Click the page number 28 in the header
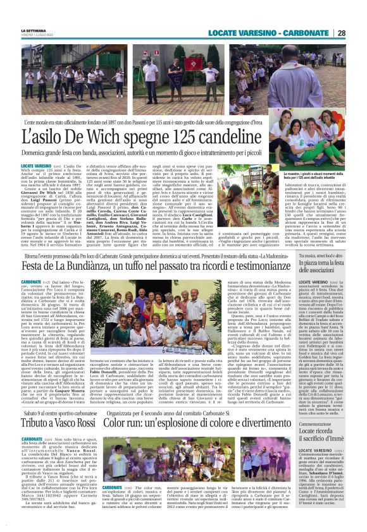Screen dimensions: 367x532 pos(342,33)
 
